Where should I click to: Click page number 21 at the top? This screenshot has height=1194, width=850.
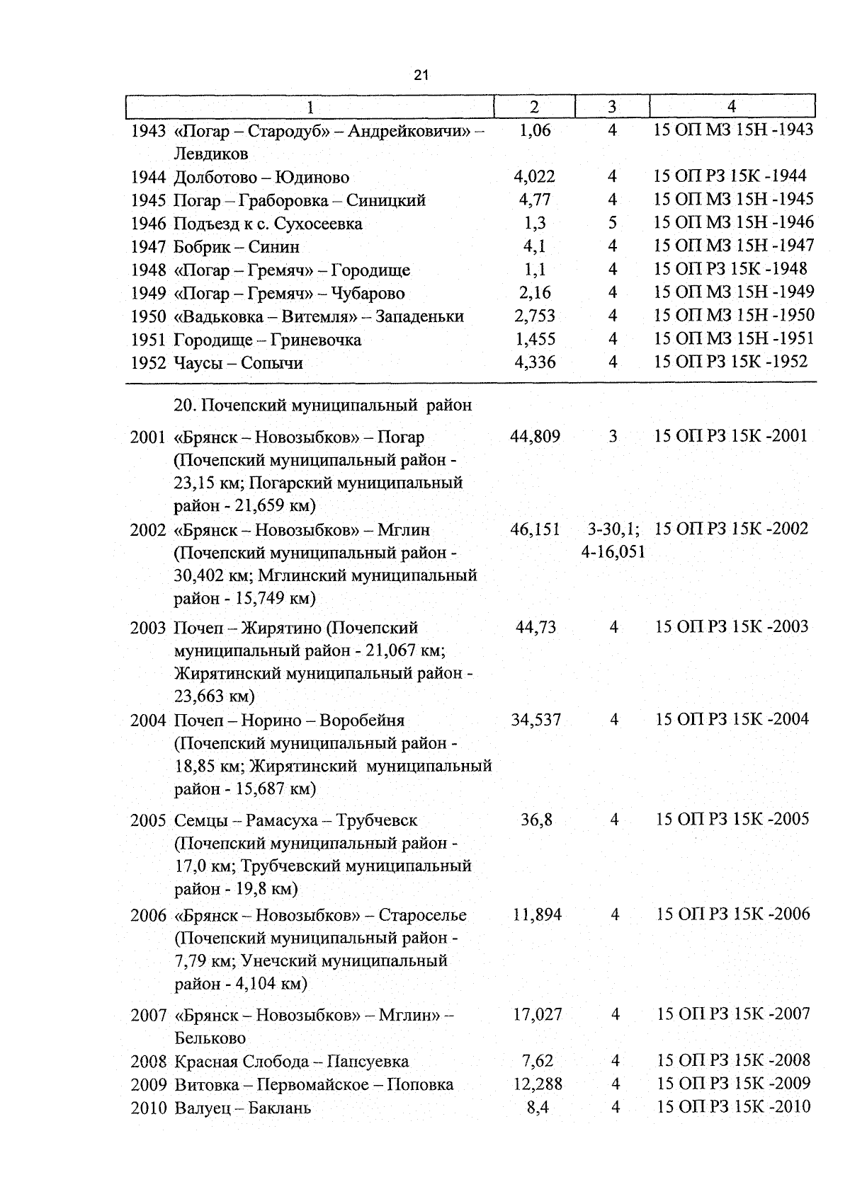[421, 75]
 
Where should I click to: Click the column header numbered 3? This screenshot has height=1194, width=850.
[612, 107]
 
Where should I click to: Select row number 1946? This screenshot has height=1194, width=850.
[149, 224]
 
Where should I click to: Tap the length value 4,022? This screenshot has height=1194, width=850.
[535, 177]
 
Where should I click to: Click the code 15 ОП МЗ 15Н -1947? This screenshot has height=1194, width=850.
[733, 246]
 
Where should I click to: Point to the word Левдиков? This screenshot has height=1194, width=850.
[211, 154]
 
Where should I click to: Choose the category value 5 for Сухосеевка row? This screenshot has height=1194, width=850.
[613, 224]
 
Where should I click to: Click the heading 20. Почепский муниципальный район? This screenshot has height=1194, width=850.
[322, 406]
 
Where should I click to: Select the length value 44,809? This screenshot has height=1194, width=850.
[535, 437]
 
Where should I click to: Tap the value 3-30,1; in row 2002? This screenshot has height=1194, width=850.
[613, 529]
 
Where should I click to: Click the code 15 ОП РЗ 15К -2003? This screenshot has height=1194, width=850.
[732, 627]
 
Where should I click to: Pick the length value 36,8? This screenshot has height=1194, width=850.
[536, 820]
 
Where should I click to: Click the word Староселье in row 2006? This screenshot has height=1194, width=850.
[423, 915]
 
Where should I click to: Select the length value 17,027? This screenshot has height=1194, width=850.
[538, 1015]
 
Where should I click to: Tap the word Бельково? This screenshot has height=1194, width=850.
[210, 1038]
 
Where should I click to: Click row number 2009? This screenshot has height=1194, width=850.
[149, 1085]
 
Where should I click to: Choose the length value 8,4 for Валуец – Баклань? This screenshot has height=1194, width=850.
[538, 1108]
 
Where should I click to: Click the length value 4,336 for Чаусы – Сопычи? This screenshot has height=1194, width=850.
[535, 363]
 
